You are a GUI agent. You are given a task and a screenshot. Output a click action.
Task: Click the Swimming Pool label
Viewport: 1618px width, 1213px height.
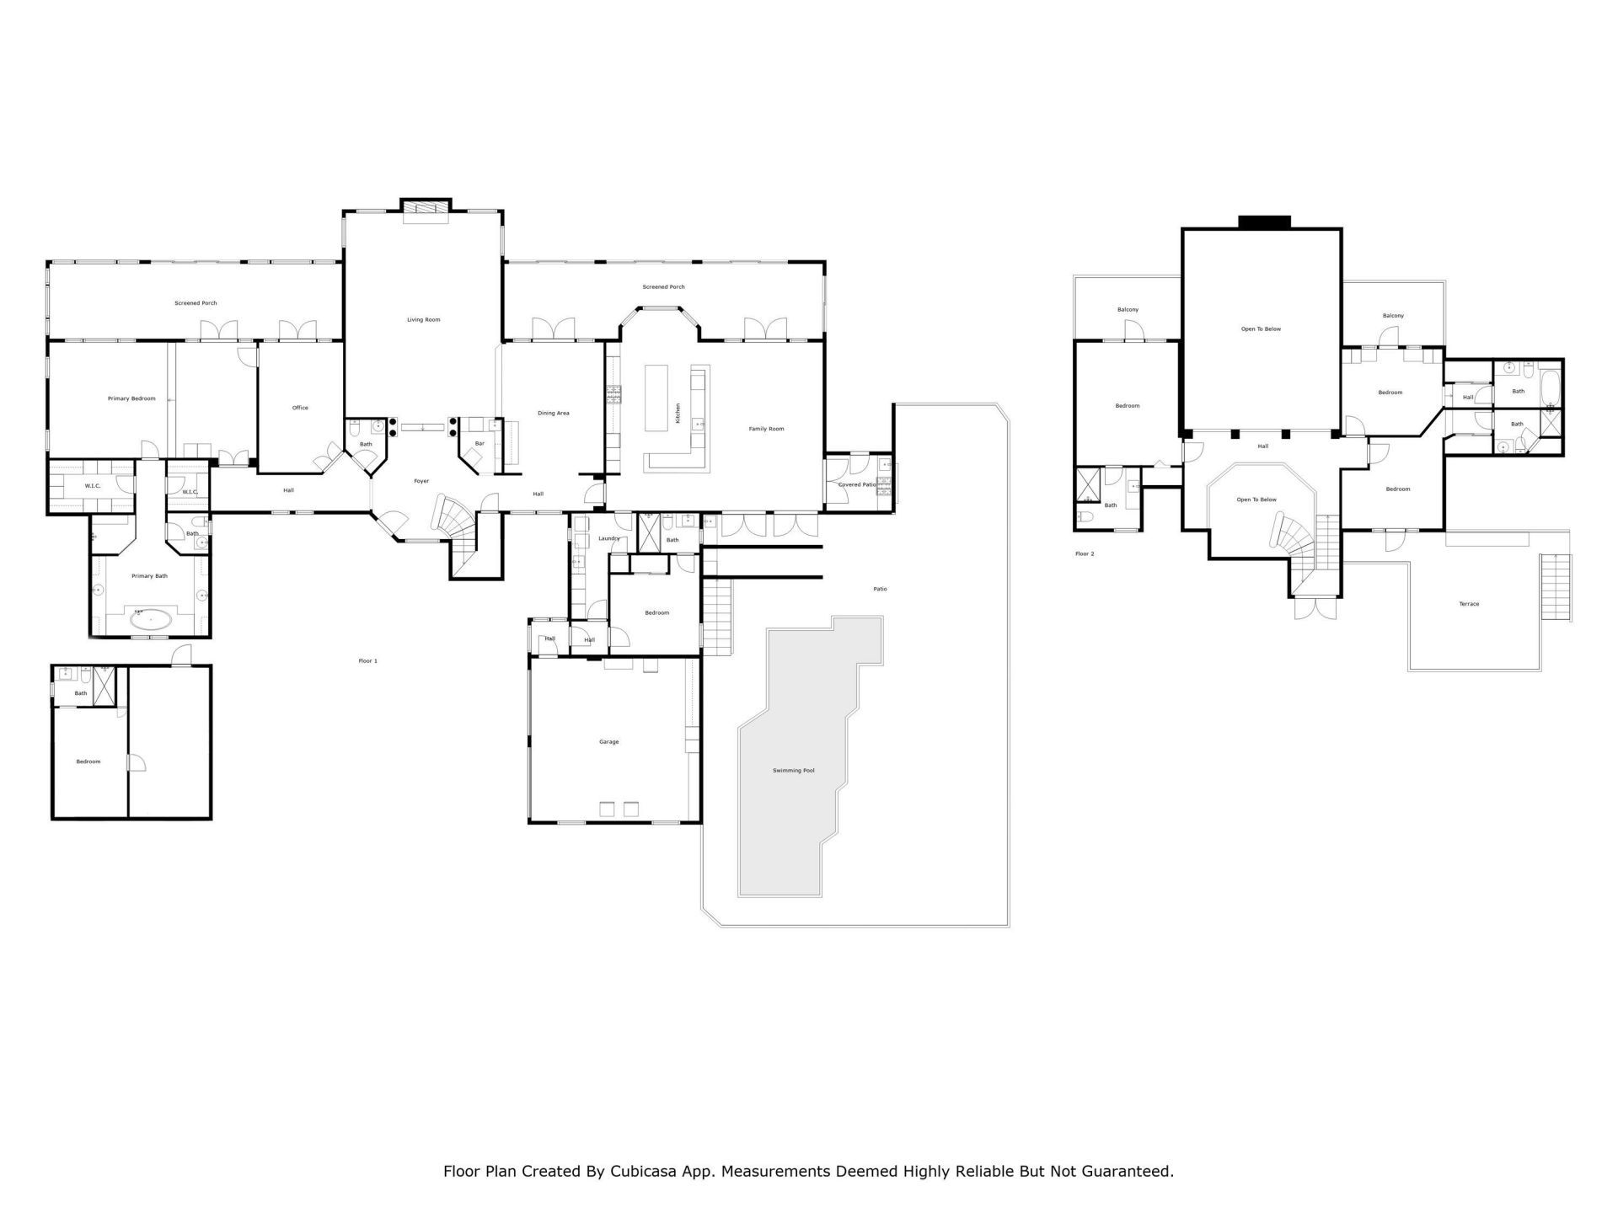[x=793, y=771]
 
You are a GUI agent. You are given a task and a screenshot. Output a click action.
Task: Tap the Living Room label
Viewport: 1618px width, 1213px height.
[x=424, y=320]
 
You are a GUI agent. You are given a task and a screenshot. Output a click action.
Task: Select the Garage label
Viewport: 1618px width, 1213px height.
[x=608, y=742]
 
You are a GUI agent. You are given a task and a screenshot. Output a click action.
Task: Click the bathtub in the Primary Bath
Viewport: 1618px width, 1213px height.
[x=151, y=621]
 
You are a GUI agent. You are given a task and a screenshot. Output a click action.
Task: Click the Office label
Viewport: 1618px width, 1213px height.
[x=300, y=408]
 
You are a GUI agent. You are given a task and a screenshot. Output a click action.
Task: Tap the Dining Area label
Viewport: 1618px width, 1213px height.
[x=554, y=414]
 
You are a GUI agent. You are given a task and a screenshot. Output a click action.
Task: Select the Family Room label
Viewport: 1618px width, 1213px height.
[x=766, y=429]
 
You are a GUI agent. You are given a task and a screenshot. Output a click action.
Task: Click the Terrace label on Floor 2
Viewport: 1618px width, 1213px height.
[x=1469, y=604]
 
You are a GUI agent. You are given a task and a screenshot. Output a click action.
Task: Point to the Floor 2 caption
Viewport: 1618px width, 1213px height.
[x=1085, y=553]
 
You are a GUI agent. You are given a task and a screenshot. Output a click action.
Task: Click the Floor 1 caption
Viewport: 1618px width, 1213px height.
[x=368, y=661]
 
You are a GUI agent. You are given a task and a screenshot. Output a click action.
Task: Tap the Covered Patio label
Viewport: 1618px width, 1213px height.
[x=857, y=485]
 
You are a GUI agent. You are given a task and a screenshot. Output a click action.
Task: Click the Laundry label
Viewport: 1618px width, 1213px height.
[x=608, y=538]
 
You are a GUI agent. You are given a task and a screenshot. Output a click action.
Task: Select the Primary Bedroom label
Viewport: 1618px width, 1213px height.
[x=131, y=398]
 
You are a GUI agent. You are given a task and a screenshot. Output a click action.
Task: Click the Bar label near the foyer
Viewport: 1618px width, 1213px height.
[x=480, y=443]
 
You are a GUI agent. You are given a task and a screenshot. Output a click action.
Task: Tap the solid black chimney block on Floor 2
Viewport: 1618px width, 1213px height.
[x=1264, y=222]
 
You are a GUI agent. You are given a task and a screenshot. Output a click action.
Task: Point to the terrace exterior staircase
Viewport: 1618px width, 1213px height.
[x=1556, y=587]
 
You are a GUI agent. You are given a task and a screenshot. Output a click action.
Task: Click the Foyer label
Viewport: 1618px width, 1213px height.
[x=421, y=481]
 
